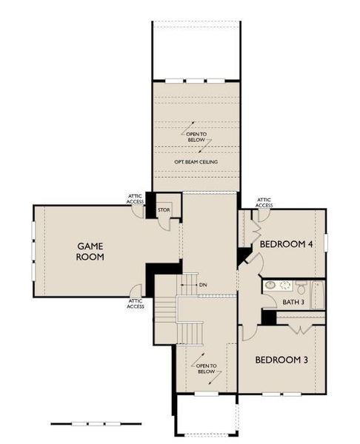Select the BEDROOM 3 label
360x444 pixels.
(x=281, y=360)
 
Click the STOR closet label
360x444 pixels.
(x=164, y=210)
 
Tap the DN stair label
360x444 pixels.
(x=203, y=285)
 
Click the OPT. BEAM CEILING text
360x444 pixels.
(x=196, y=161)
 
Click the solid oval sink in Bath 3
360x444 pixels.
(x=270, y=284)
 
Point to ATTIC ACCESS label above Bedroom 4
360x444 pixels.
(x=264, y=202)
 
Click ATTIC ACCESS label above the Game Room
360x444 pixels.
(x=135, y=198)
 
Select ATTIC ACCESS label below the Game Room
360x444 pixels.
(x=135, y=303)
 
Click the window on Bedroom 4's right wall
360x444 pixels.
(x=326, y=242)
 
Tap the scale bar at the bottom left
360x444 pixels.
(x=85, y=423)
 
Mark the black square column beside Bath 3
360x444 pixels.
(x=268, y=317)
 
